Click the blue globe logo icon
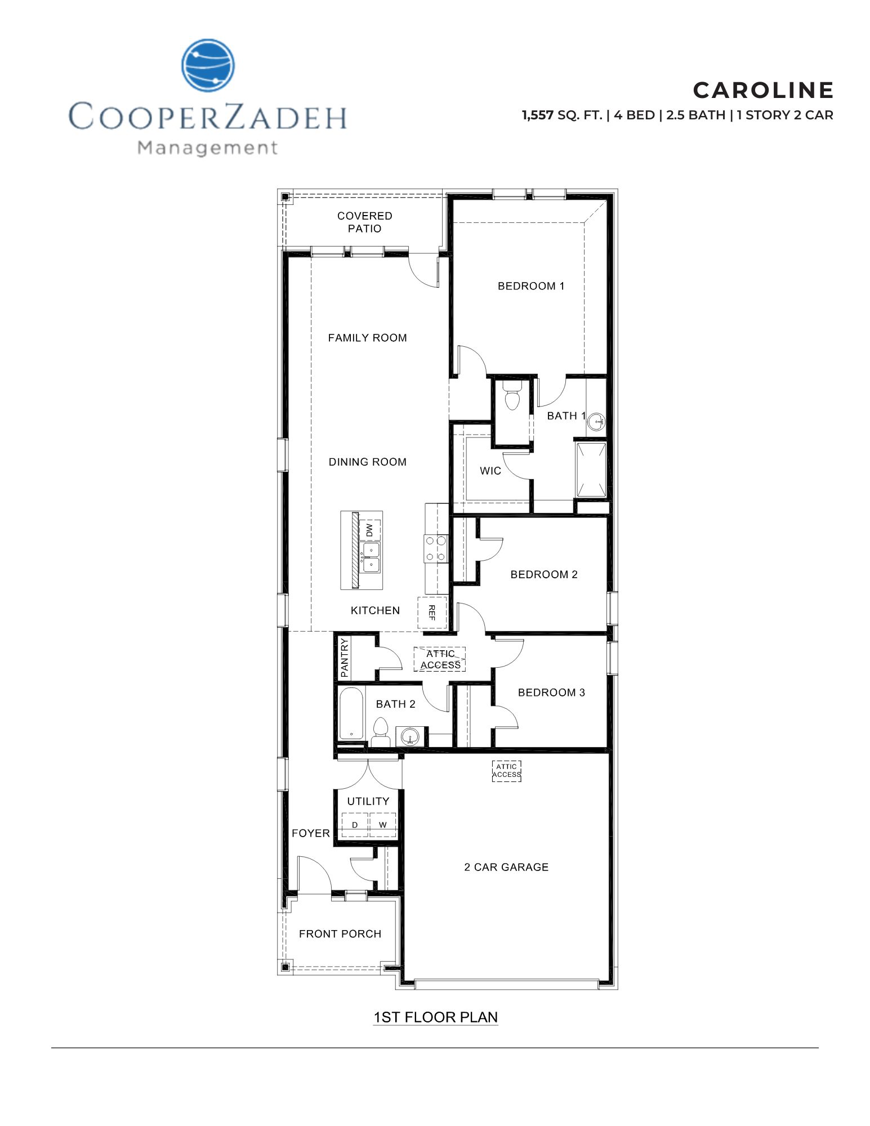[208, 65]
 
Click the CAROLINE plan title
[762, 90]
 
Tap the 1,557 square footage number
[537, 115]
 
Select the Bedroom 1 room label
[530, 286]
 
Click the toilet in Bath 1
[512, 396]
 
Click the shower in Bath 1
[591, 470]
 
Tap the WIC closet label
[490, 471]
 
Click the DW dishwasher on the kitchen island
[369, 530]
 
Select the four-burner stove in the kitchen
[435, 548]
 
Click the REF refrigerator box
[432, 613]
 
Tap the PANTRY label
[345, 658]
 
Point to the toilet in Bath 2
[381, 732]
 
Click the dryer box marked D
[355, 825]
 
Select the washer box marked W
[383, 825]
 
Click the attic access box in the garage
[506, 771]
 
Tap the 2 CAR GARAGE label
[506, 868]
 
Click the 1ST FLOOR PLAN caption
[435, 1017]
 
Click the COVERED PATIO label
[364, 222]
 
